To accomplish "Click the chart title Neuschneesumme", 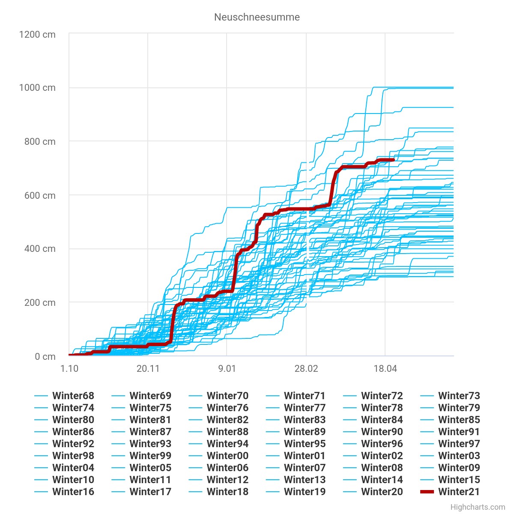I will click(257, 17).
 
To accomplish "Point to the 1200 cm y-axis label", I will click(37, 34).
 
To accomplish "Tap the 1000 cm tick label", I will click(37, 88).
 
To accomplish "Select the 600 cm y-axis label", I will click(40, 195).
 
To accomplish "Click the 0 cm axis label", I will click(45, 356).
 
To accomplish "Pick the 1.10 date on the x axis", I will click(69, 368).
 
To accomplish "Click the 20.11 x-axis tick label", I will click(148, 368).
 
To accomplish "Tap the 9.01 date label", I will click(227, 368).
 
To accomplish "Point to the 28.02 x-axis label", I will click(306, 368).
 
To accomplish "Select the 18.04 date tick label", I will click(385, 368).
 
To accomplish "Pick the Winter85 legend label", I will click(459, 420).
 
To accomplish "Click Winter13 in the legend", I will click(305, 480).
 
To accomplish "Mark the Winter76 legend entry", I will click(227, 408).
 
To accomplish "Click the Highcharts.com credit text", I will click(478, 507).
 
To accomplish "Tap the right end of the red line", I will click(393, 160).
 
